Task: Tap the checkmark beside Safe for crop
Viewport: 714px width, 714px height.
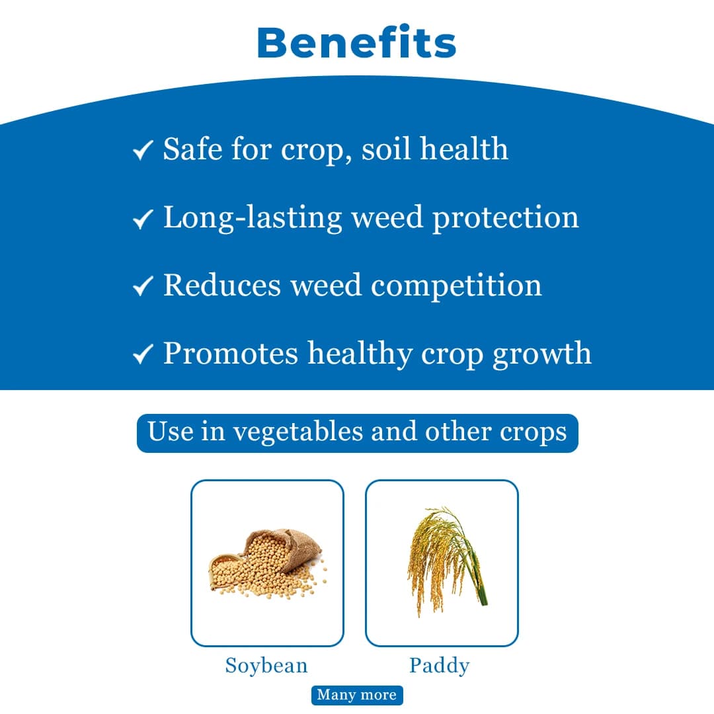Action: click(x=143, y=150)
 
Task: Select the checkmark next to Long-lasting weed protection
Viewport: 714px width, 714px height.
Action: click(x=143, y=218)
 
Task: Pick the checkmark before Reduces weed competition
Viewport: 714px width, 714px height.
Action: click(x=143, y=286)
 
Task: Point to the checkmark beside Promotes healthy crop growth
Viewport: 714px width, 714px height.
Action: click(x=143, y=354)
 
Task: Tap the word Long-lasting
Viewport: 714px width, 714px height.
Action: click(x=253, y=218)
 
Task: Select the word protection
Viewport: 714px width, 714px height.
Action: click(x=505, y=218)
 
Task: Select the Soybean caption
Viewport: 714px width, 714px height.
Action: click(x=266, y=665)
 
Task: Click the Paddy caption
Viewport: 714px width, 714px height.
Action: click(x=439, y=665)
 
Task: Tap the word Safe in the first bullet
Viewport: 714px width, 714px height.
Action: click(x=193, y=149)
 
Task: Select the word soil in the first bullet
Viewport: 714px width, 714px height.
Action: click(x=386, y=149)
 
